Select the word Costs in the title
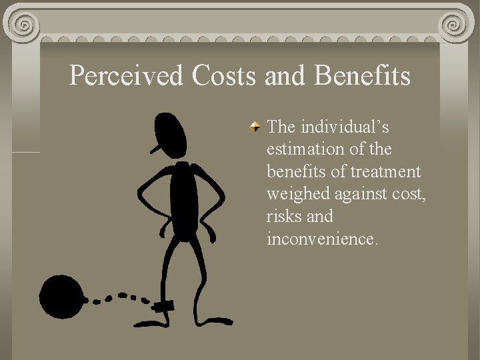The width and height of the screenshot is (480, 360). coord(224,75)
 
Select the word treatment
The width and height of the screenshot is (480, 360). coord(387,171)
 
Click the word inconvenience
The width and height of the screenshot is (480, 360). coord(322,239)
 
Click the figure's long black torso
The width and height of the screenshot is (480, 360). coord(183,200)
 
